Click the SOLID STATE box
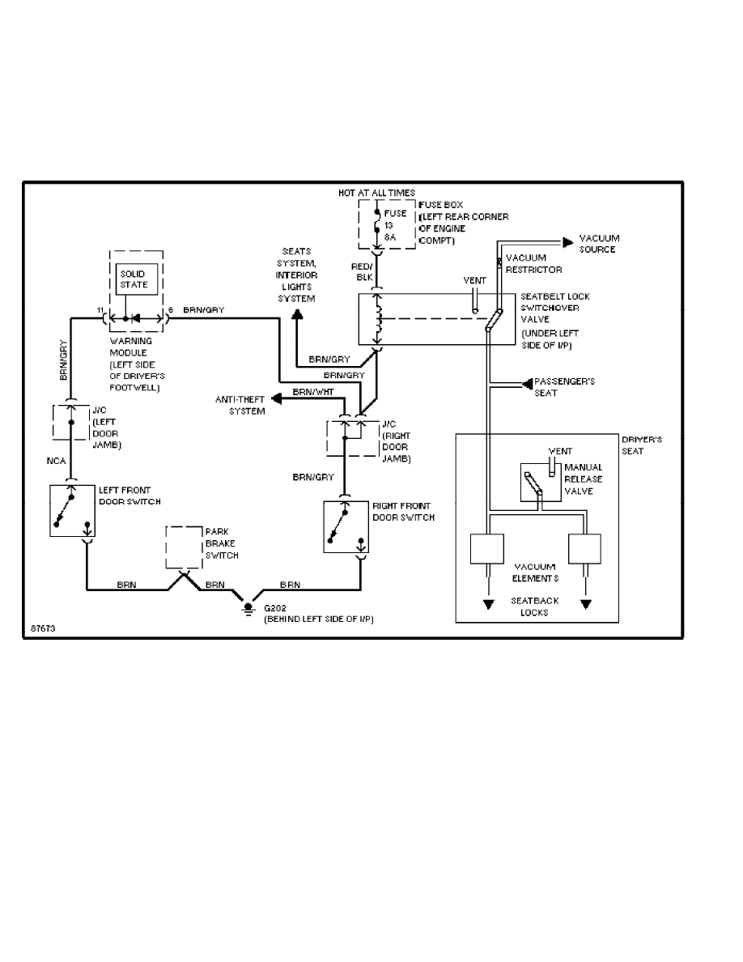coord(134,280)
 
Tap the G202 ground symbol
coord(246,606)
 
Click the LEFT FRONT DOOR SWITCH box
coord(72,509)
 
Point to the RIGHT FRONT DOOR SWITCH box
coord(346,527)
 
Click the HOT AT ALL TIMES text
coord(376,193)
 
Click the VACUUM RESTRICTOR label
coord(533,263)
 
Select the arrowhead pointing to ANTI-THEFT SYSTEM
coord(276,398)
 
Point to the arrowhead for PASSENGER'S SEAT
coord(526,381)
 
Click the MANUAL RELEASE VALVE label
coord(583,479)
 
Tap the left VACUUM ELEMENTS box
coord(487,549)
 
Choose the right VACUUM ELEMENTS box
coord(586,549)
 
